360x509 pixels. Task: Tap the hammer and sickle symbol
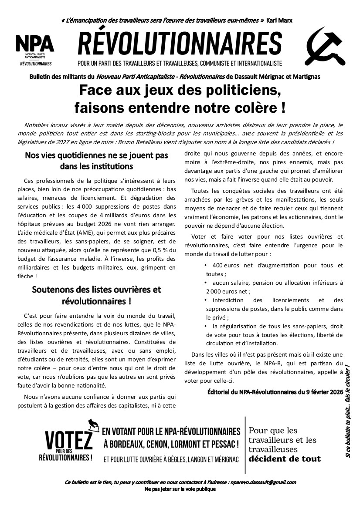323,45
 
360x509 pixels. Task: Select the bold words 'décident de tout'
285,458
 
